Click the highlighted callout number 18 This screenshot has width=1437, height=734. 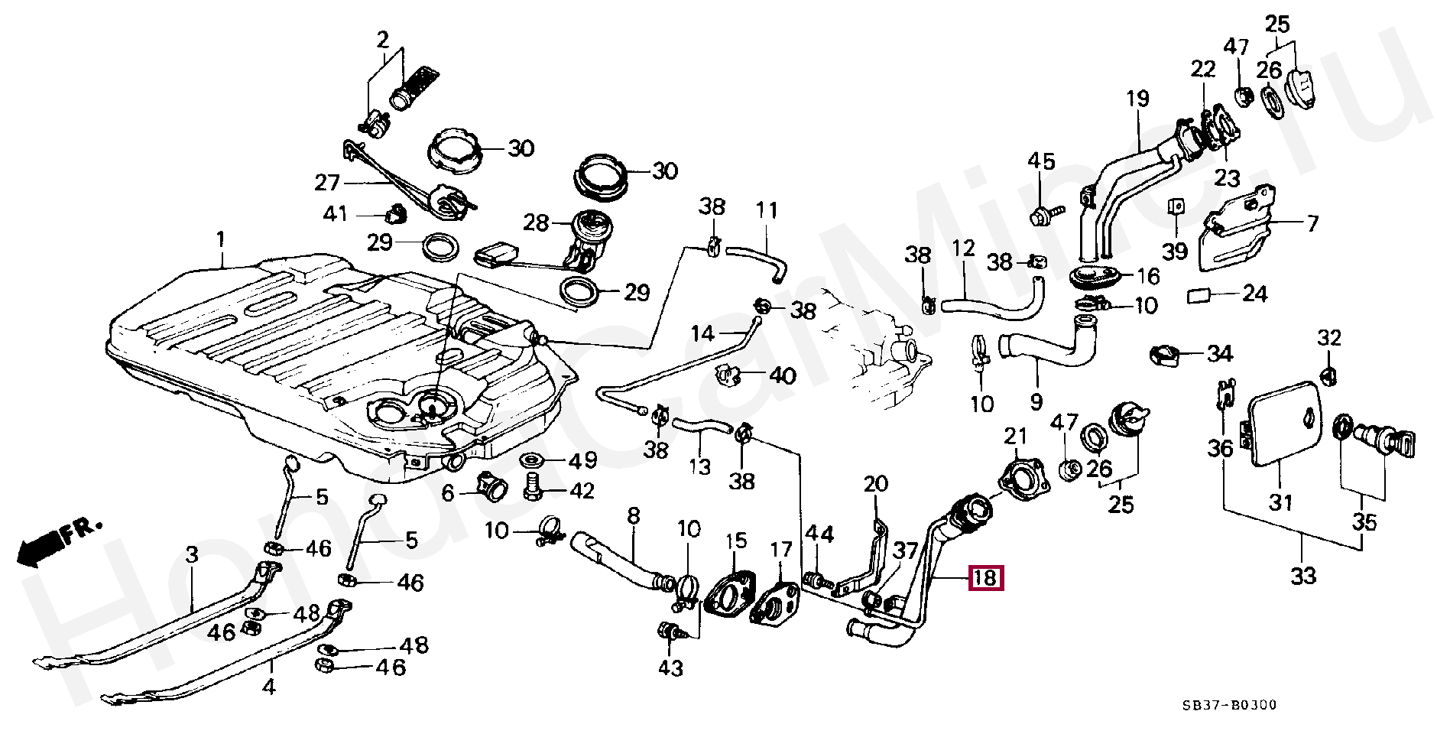pyautogui.click(x=985, y=578)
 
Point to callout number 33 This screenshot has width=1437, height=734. pyautogui.click(x=1302, y=574)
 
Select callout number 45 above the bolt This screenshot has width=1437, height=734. pyautogui.click(x=1040, y=161)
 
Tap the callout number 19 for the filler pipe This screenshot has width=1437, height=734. pyautogui.click(x=1137, y=99)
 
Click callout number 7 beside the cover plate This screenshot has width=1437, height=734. pyautogui.click(x=1312, y=224)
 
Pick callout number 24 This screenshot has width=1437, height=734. pyautogui.click(x=1254, y=294)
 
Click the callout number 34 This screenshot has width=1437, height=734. pyautogui.click(x=1220, y=354)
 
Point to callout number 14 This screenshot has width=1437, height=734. pyautogui.click(x=702, y=333)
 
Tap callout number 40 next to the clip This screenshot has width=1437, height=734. pyautogui.click(x=782, y=375)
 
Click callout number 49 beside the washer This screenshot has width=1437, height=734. pyautogui.click(x=582, y=461)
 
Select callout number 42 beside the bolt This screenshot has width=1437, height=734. pyautogui.click(x=582, y=490)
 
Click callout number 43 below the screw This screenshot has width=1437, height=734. pyautogui.click(x=670, y=667)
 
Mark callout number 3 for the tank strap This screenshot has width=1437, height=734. pyautogui.click(x=192, y=556)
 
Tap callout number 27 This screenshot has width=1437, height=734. pyautogui.click(x=326, y=183)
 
